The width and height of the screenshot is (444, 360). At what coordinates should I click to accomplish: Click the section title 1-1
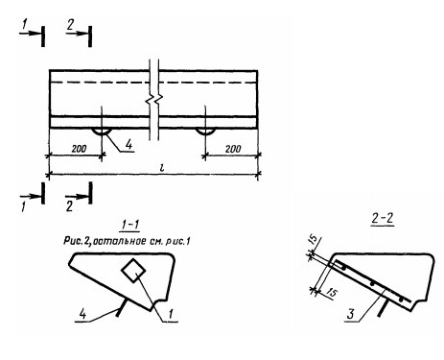click(x=130, y=225)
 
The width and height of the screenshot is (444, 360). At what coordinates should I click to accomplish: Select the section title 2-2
click(x=383, y=218)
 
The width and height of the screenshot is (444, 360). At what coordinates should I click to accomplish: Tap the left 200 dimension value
click(x=79, y=149)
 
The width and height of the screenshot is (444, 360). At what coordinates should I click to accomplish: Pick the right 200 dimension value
click(x=233, y=149)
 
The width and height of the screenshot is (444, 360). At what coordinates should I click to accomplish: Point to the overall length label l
click(x=162, y=167)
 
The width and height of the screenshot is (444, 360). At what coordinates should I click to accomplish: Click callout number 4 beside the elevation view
click(x=129, y=145)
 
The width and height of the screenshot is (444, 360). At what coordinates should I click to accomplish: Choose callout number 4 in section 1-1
click(x=82, y=314)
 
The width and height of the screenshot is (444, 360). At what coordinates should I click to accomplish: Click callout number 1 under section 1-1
click(x=171, y=314)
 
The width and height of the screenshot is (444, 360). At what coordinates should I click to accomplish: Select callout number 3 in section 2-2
click(x=351, y=314)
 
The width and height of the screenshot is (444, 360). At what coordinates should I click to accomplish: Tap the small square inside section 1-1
click(x=133, y=271)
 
